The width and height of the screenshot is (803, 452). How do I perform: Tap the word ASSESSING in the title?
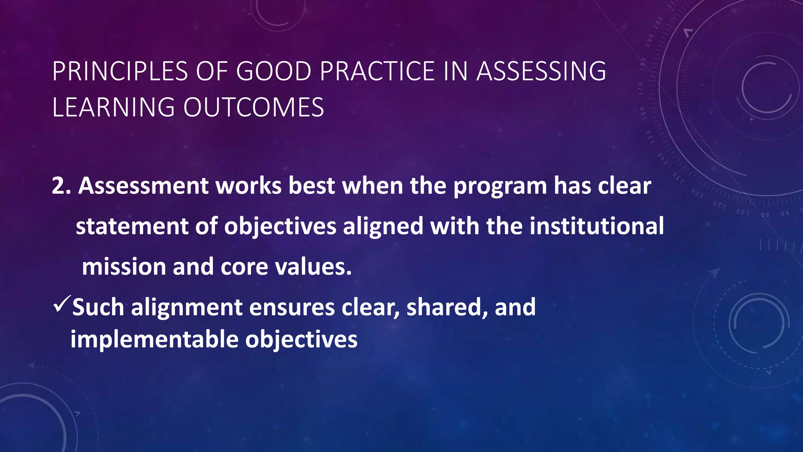coord(541,71)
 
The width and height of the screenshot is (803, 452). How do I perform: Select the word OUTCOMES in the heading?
coord(254,108)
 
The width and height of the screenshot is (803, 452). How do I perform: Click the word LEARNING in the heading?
coord(113,108)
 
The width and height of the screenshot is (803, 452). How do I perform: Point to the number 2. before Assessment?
coord(61,186)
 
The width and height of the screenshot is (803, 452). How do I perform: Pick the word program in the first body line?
coord(500,186)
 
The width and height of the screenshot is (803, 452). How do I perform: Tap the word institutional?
coord(597,226)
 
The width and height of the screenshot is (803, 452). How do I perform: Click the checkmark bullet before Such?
coord(62,304)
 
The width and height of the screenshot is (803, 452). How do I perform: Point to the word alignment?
coord(187,308)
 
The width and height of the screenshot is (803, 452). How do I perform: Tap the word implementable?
coord(154,339)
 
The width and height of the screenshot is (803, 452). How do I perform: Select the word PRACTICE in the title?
coord(377,71)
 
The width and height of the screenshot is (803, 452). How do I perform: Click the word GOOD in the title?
coord(273,71)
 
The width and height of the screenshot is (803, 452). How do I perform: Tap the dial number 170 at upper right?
coord(640,89)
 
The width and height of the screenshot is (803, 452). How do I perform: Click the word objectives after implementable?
coord(301,339)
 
